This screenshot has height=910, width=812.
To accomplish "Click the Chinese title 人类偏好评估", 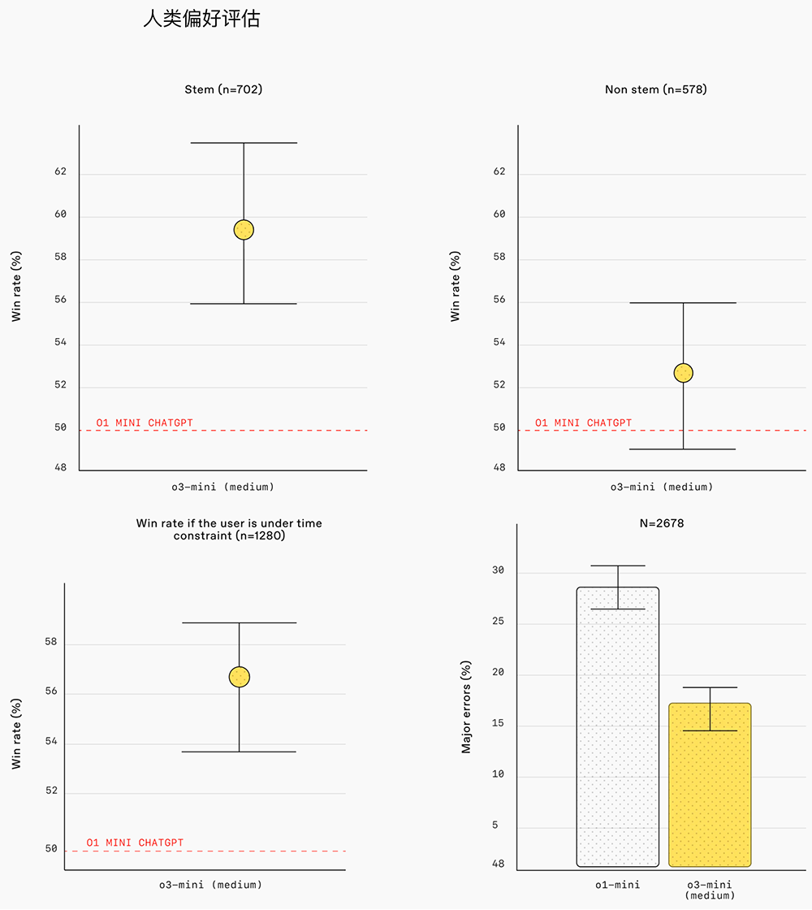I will point(201,19).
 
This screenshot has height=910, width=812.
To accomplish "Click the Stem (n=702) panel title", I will point(223,89).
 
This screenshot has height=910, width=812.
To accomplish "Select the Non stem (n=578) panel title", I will point(655,89).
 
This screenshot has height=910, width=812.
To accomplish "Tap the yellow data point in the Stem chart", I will point(244,230).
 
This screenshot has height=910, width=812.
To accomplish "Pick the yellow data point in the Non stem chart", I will point(683,373).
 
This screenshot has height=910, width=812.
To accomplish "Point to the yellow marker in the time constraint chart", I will point(239,676).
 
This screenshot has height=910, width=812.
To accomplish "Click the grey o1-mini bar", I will point(617,727).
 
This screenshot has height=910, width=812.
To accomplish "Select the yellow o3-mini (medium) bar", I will point(710,785).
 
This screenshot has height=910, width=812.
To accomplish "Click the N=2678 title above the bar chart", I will point(661,523).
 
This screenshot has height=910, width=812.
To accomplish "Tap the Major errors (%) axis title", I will point(466,708).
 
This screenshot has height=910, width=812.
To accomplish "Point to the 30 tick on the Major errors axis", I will point(498,571).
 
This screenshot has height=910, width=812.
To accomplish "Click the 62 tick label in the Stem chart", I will point(60,172).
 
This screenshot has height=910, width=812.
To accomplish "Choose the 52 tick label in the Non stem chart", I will point(499,385).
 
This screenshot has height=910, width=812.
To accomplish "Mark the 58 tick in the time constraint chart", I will point(51,643).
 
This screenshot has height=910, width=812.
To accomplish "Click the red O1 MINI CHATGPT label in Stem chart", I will point(145,422).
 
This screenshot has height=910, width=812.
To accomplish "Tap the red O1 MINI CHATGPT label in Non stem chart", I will point(583,422).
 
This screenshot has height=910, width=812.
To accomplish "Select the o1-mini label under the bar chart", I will point(618,885).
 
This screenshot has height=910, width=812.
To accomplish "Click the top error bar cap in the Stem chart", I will point(244,143).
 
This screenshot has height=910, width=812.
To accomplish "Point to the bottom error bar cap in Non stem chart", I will point(683,448).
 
